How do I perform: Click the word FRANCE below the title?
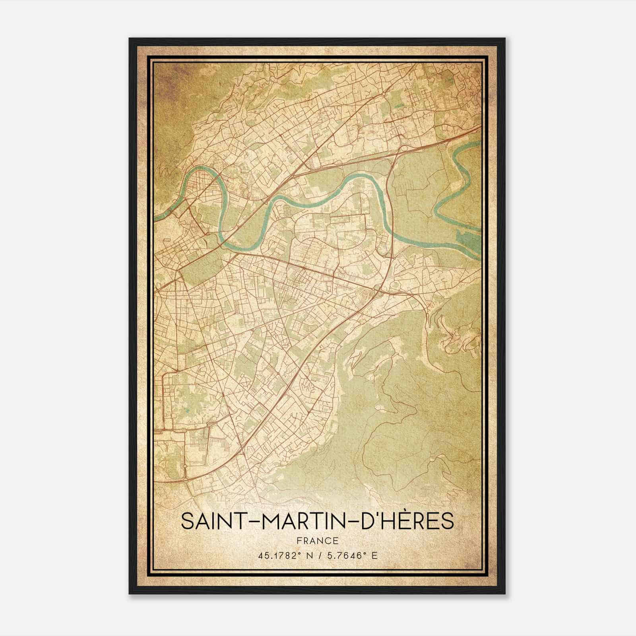[317, 541]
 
